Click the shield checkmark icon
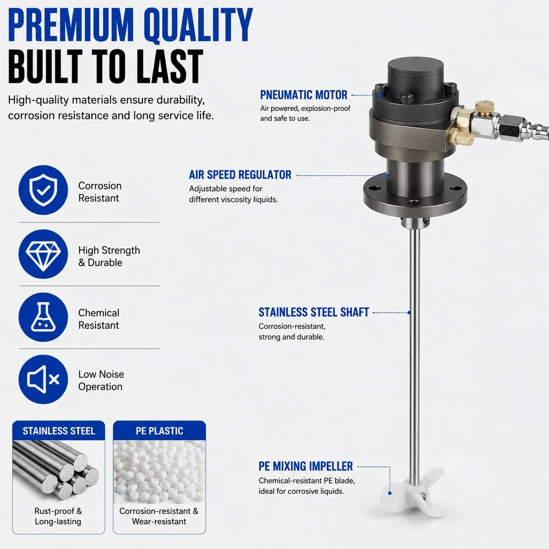[43, 190]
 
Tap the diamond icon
[43, 254]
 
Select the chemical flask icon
[43, 317]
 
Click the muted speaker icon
[43, 379]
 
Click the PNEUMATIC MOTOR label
[304, 95]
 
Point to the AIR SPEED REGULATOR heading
[240, 175]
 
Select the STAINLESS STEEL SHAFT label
[314, 312]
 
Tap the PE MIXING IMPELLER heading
[306, 467]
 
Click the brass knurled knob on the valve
[485, 107]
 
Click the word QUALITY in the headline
[199, 25]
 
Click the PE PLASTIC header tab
[159, 430]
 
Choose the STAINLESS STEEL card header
[59, 430]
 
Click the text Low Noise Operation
[101, 380]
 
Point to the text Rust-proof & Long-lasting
[58, 516]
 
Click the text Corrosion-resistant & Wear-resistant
[159, 516]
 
